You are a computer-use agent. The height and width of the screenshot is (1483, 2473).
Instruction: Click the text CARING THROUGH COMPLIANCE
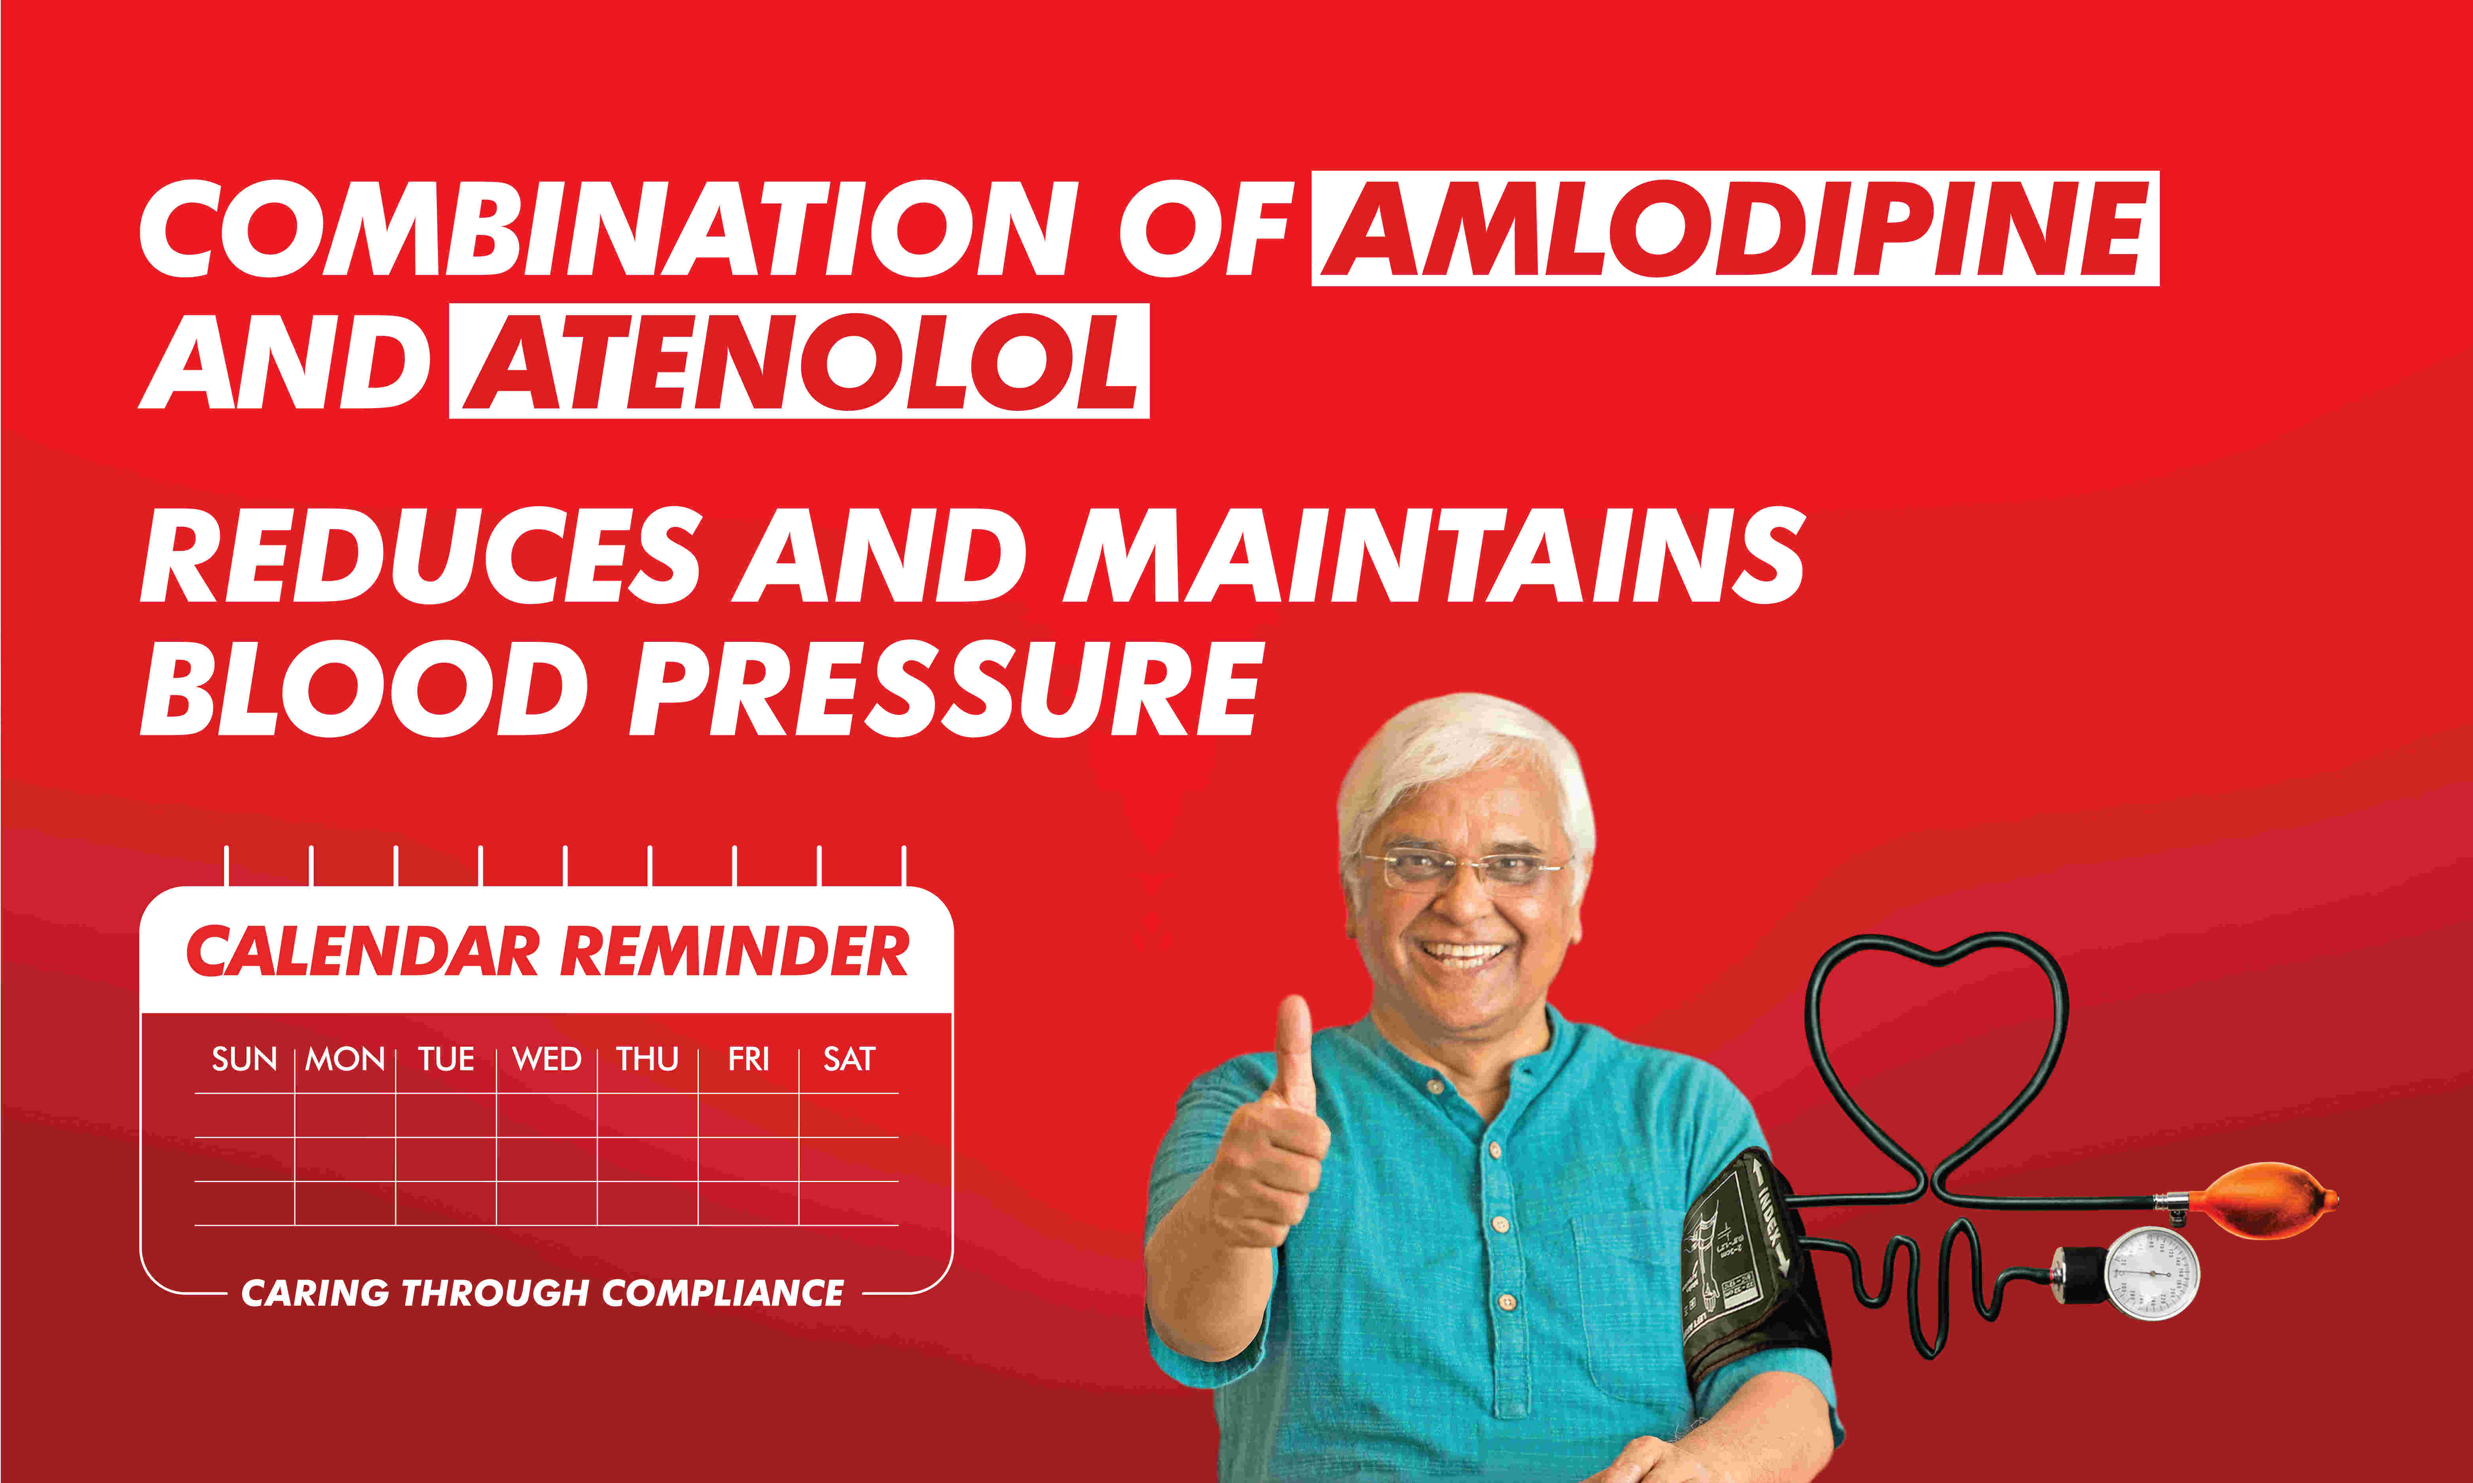pyautogui.click(x=543, y=1293)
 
